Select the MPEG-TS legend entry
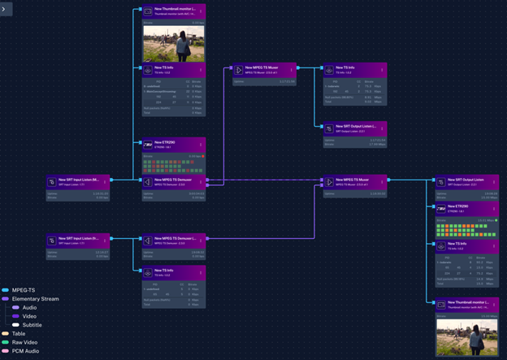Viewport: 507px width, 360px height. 22,289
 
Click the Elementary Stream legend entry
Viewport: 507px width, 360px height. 32,298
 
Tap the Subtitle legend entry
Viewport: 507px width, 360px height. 32,325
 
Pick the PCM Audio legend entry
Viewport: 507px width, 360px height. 26,352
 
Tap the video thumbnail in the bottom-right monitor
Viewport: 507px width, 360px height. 467,336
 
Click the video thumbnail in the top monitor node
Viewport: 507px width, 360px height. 174,44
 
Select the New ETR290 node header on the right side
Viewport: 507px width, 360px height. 468,208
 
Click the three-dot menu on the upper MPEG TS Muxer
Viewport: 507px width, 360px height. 292,70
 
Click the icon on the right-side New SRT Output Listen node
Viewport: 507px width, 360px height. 442,182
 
